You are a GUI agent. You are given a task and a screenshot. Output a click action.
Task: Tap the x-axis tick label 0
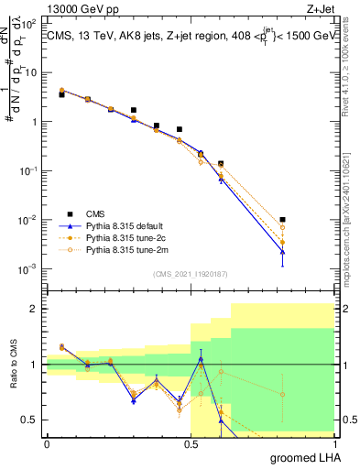coord(47,443)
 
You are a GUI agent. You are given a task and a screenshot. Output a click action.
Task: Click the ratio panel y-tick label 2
coord(34,309)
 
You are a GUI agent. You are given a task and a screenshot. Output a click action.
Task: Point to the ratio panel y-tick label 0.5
coord(28,420)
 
